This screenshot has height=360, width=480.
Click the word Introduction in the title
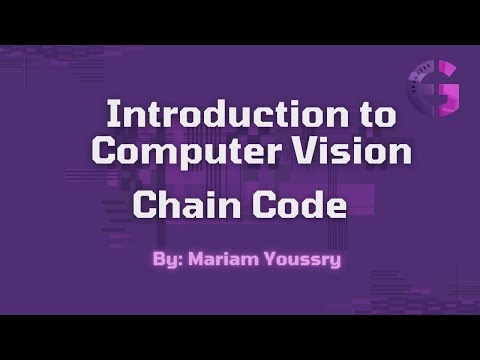point(204,114)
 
